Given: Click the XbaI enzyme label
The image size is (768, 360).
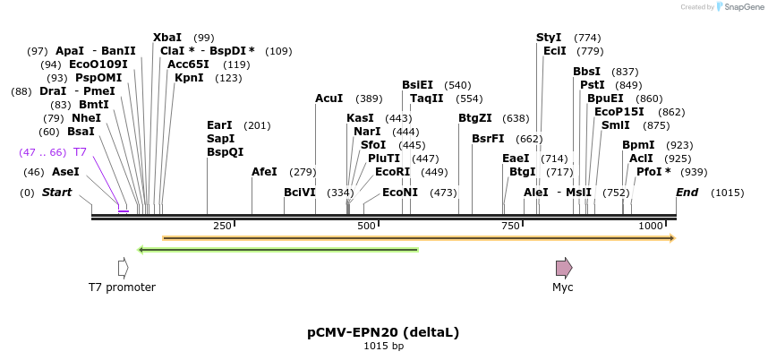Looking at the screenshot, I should click(167, 38).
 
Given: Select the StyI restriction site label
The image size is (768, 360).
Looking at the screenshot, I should click(549, 38).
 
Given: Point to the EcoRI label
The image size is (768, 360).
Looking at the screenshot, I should click(392, 171).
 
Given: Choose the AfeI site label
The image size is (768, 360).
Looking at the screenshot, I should click(264, 171).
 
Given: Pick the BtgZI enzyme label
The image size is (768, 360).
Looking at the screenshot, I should click(475, 118).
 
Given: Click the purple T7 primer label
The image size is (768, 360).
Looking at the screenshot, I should click(80, 152).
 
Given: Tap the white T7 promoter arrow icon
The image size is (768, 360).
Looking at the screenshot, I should click(123, 268).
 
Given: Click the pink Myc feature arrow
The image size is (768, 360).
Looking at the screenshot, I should click(563, 268).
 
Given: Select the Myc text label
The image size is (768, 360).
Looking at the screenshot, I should click(563, 287).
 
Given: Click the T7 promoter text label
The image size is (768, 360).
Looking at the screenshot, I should click(123, 287).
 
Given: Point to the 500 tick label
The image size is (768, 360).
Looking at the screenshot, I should click(366, 227).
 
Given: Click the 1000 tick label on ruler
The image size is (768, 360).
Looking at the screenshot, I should click(650, 227).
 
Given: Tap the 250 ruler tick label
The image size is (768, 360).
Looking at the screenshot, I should click(222, 227).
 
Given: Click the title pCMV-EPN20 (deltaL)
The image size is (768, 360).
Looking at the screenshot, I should click(383, 332).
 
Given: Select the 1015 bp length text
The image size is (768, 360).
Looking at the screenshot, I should click(383, 347).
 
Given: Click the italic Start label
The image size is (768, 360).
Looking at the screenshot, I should click(56, 193).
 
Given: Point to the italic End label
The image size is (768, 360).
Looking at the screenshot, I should click(687, 193).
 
